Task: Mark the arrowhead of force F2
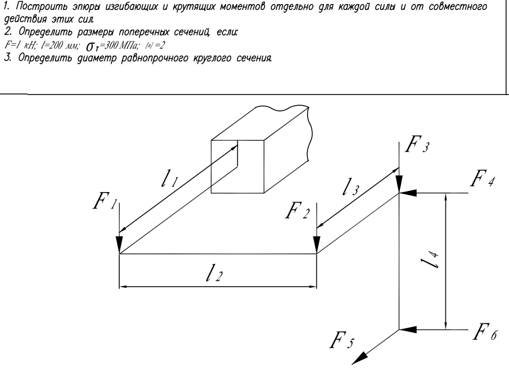(316, 245)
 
